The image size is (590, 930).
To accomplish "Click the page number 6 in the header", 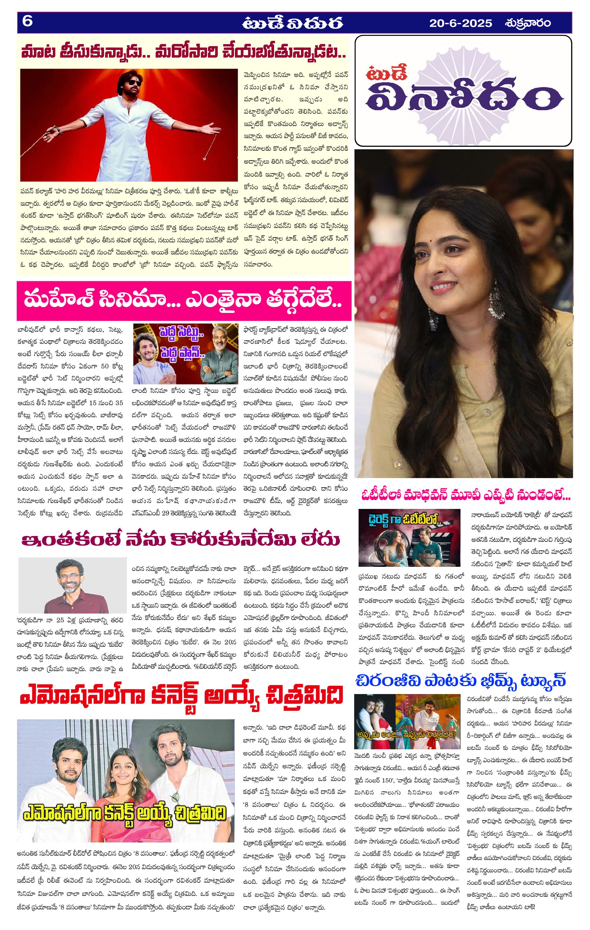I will (x=27, y=22).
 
